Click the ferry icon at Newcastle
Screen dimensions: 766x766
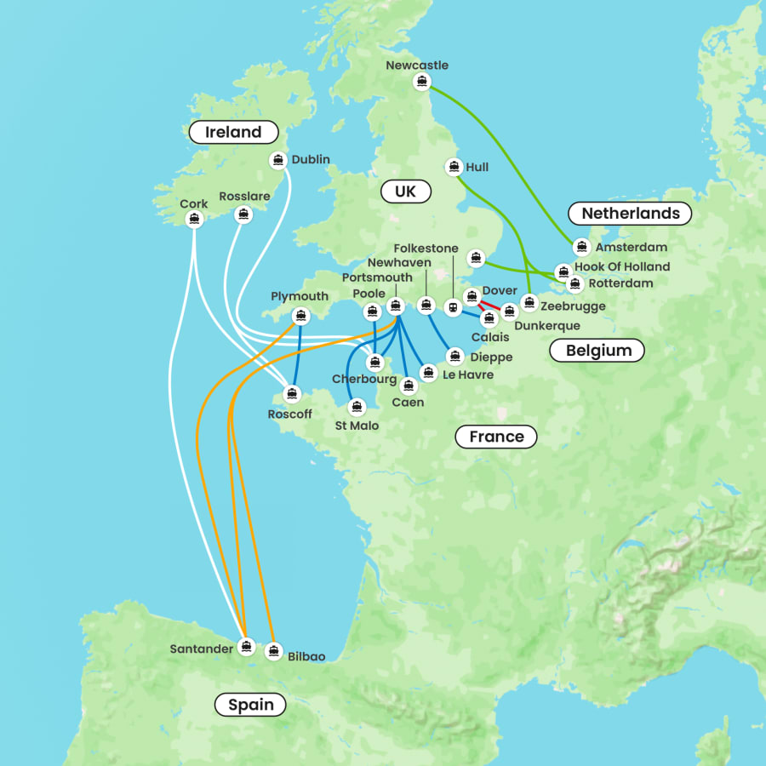pyautogui.click(x=421, y=82)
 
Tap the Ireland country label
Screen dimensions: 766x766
pyautogui.click(x=233, y=132)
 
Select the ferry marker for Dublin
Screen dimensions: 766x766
pyautogui.click(x=277, y=160)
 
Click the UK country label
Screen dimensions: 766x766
pyautogui.click(x=405, y=191)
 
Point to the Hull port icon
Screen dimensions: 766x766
pyautogui.click(x=454, y=167)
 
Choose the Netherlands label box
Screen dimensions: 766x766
pyautogui.click(x=631, y=213)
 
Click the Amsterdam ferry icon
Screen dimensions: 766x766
pyautogui.click(x=581, y=247)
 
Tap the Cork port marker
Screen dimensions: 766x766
pyautogui.click(x=194, y=219)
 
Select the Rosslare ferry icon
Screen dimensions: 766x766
pyautogui.click(x=244, y=214)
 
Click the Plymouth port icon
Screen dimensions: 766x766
pyautogui.click(x=300, y=316)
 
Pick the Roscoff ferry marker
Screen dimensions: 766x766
pyautogui.click(x=292, y=394)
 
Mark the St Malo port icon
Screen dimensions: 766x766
pyautogui.click(x=357, y=407)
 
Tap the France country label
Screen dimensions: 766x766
pyautogui.click(x=496, y=437)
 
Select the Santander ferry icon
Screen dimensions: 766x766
pyautogui.click(x=246, y=646)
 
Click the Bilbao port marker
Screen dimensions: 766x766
pyautogui.click(x=273, y=651)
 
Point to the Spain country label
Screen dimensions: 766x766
pyautogui.click(x=251, y=704)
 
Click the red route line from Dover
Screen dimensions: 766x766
pyautogui.click(x=490, y=305)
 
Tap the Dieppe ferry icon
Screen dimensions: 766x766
pyautogui.click(x=454, y=356)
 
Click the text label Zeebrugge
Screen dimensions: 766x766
pyautogui.click(x=574, y=306)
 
